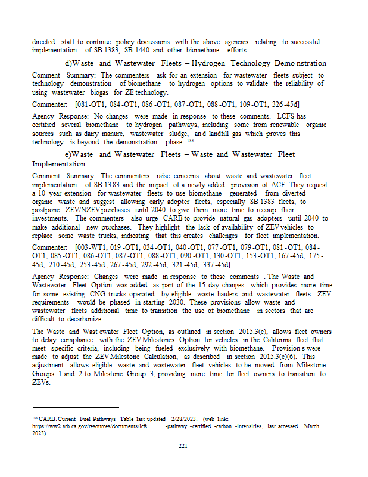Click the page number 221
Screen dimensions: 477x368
click(183, 445)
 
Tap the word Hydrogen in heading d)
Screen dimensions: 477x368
click(216, 63)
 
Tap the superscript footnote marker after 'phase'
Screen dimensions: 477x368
click(190, 141)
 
